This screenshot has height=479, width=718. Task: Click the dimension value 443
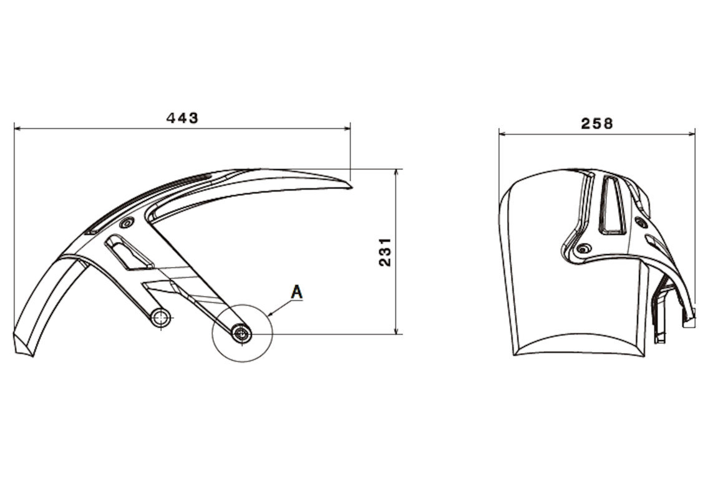(x=182, y=118)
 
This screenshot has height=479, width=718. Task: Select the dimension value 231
(x=385, y=252)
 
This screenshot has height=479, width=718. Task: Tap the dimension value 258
(x=596, y=123)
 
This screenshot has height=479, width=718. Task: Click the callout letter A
(x=297, y=292)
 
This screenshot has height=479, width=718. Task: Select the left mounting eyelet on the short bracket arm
(x=160, y=318)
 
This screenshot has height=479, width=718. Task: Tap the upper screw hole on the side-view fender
(x=126, y=223)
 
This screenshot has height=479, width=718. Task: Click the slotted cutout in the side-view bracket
(x=129, y=253)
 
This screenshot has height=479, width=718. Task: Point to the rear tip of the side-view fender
(x=351, y=187)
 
